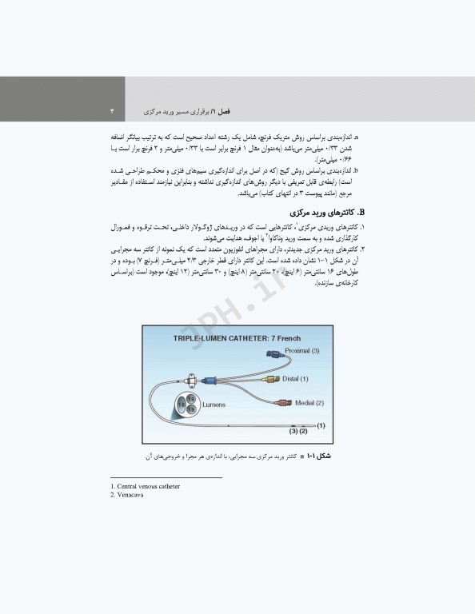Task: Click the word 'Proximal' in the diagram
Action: coord(288,351)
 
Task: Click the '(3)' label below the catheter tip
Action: coord(293,432)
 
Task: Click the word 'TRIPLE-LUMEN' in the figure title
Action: coord(202,338)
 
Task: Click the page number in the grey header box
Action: coord(112,110)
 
